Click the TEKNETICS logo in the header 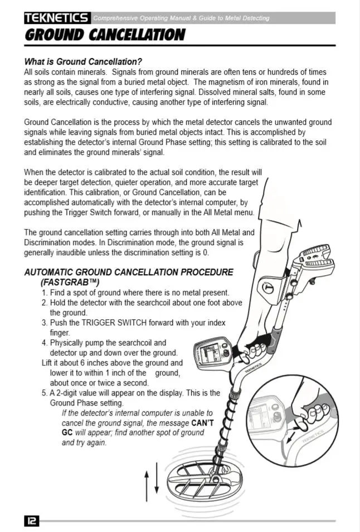pyautogui.click(x=57, y=18)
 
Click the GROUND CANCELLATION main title pyautogui.click(x=104, y=36)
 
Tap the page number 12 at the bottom pyautogui.click(x=31, y=521)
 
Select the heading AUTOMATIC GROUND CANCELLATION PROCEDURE pyautogui.click(x=129, y=272)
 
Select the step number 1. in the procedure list pyautogui.click(x=45, y=292)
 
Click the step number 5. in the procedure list pyautogui.click(x=45, y=393)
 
